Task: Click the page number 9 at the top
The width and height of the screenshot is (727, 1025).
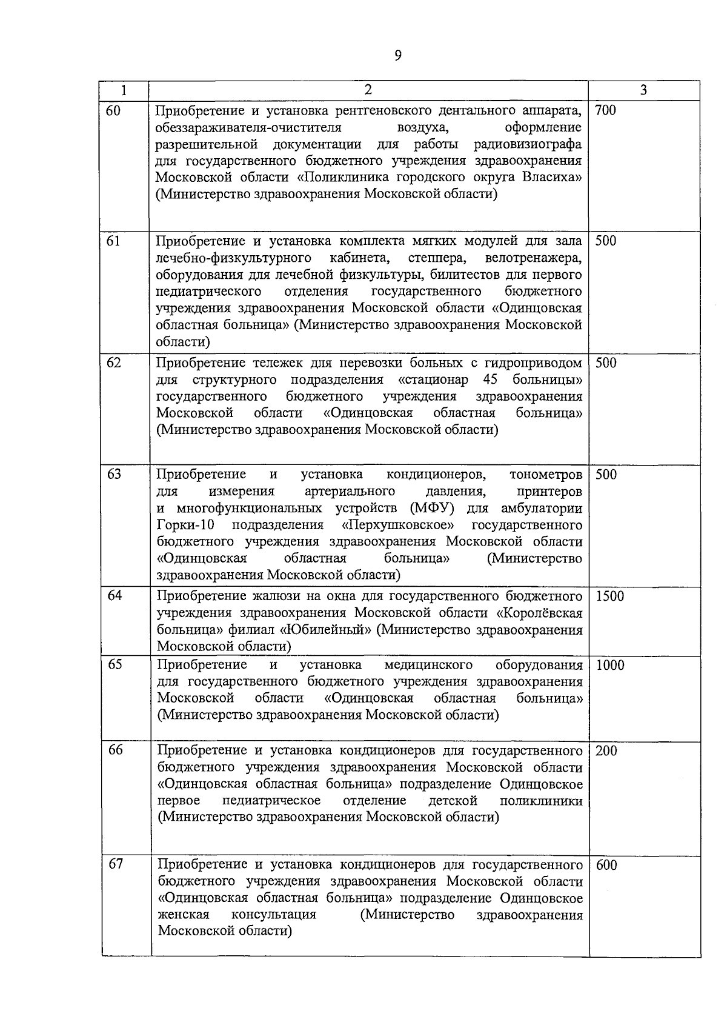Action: click(x=397, y=56)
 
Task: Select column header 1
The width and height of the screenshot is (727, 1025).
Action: click(x=124, y=91)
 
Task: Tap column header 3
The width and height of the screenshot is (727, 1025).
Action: click(x=643, y=91)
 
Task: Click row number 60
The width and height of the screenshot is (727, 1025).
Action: click(x=113, y=110)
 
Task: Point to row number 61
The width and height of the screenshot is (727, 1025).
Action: click(x=113, y=241)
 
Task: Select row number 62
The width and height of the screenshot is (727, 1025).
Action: click(x=114, y=362)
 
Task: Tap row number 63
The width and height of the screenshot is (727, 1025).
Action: click(x=114, y=474)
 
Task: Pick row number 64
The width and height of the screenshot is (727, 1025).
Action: click(x=115, y=595)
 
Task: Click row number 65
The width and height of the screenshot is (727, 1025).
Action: click(x=115, y=664)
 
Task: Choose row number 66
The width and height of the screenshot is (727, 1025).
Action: click(x=115, y=750)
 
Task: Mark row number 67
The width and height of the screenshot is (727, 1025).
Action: click(x=115, y=864)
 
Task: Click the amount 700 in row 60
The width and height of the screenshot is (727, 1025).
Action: click(x=605, y=110)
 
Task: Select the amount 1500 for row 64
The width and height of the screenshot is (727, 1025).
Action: click(x=609, y=596)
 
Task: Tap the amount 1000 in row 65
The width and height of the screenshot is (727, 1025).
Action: click(x=609, y=665)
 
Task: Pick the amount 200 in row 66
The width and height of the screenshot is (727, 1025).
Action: click(x=606, y=750)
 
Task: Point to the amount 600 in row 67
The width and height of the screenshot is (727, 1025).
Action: click(x=606, y=865)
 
